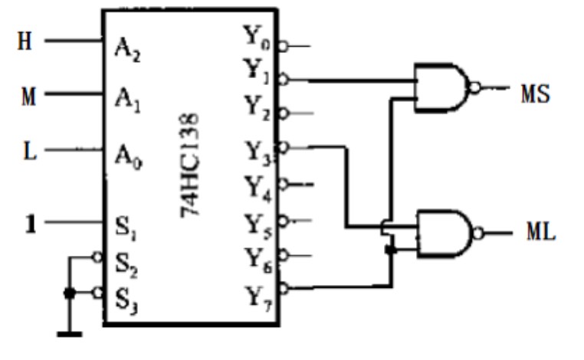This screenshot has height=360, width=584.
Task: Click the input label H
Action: click(x=25, y=41)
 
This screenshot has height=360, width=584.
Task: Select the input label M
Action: click(x=28, y=97)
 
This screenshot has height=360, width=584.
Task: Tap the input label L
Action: click(x=30, y=151)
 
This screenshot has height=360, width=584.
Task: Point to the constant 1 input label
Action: click(x=31, y=224)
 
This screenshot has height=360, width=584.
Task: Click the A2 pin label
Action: click(x=128, y=50)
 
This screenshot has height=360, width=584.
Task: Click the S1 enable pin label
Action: click(x=126, y=227)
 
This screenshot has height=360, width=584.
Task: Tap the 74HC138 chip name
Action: click(x=190, y=165)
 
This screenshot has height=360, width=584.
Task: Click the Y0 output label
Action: click(x=256, y=37)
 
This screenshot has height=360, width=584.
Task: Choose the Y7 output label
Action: click(x=259, y=299)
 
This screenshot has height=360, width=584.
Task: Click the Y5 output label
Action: click(x=258, y=227)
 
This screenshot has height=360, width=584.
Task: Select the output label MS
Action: click(x=536, y=93)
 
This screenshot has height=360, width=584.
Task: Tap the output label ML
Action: click(x=541, y=231)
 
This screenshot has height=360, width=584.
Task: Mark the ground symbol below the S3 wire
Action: click(x=70, y=334)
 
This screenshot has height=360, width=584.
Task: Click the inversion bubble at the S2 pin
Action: click(x=97, y=257)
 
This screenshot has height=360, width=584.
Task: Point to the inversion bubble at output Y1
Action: click(x=283, y=80)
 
